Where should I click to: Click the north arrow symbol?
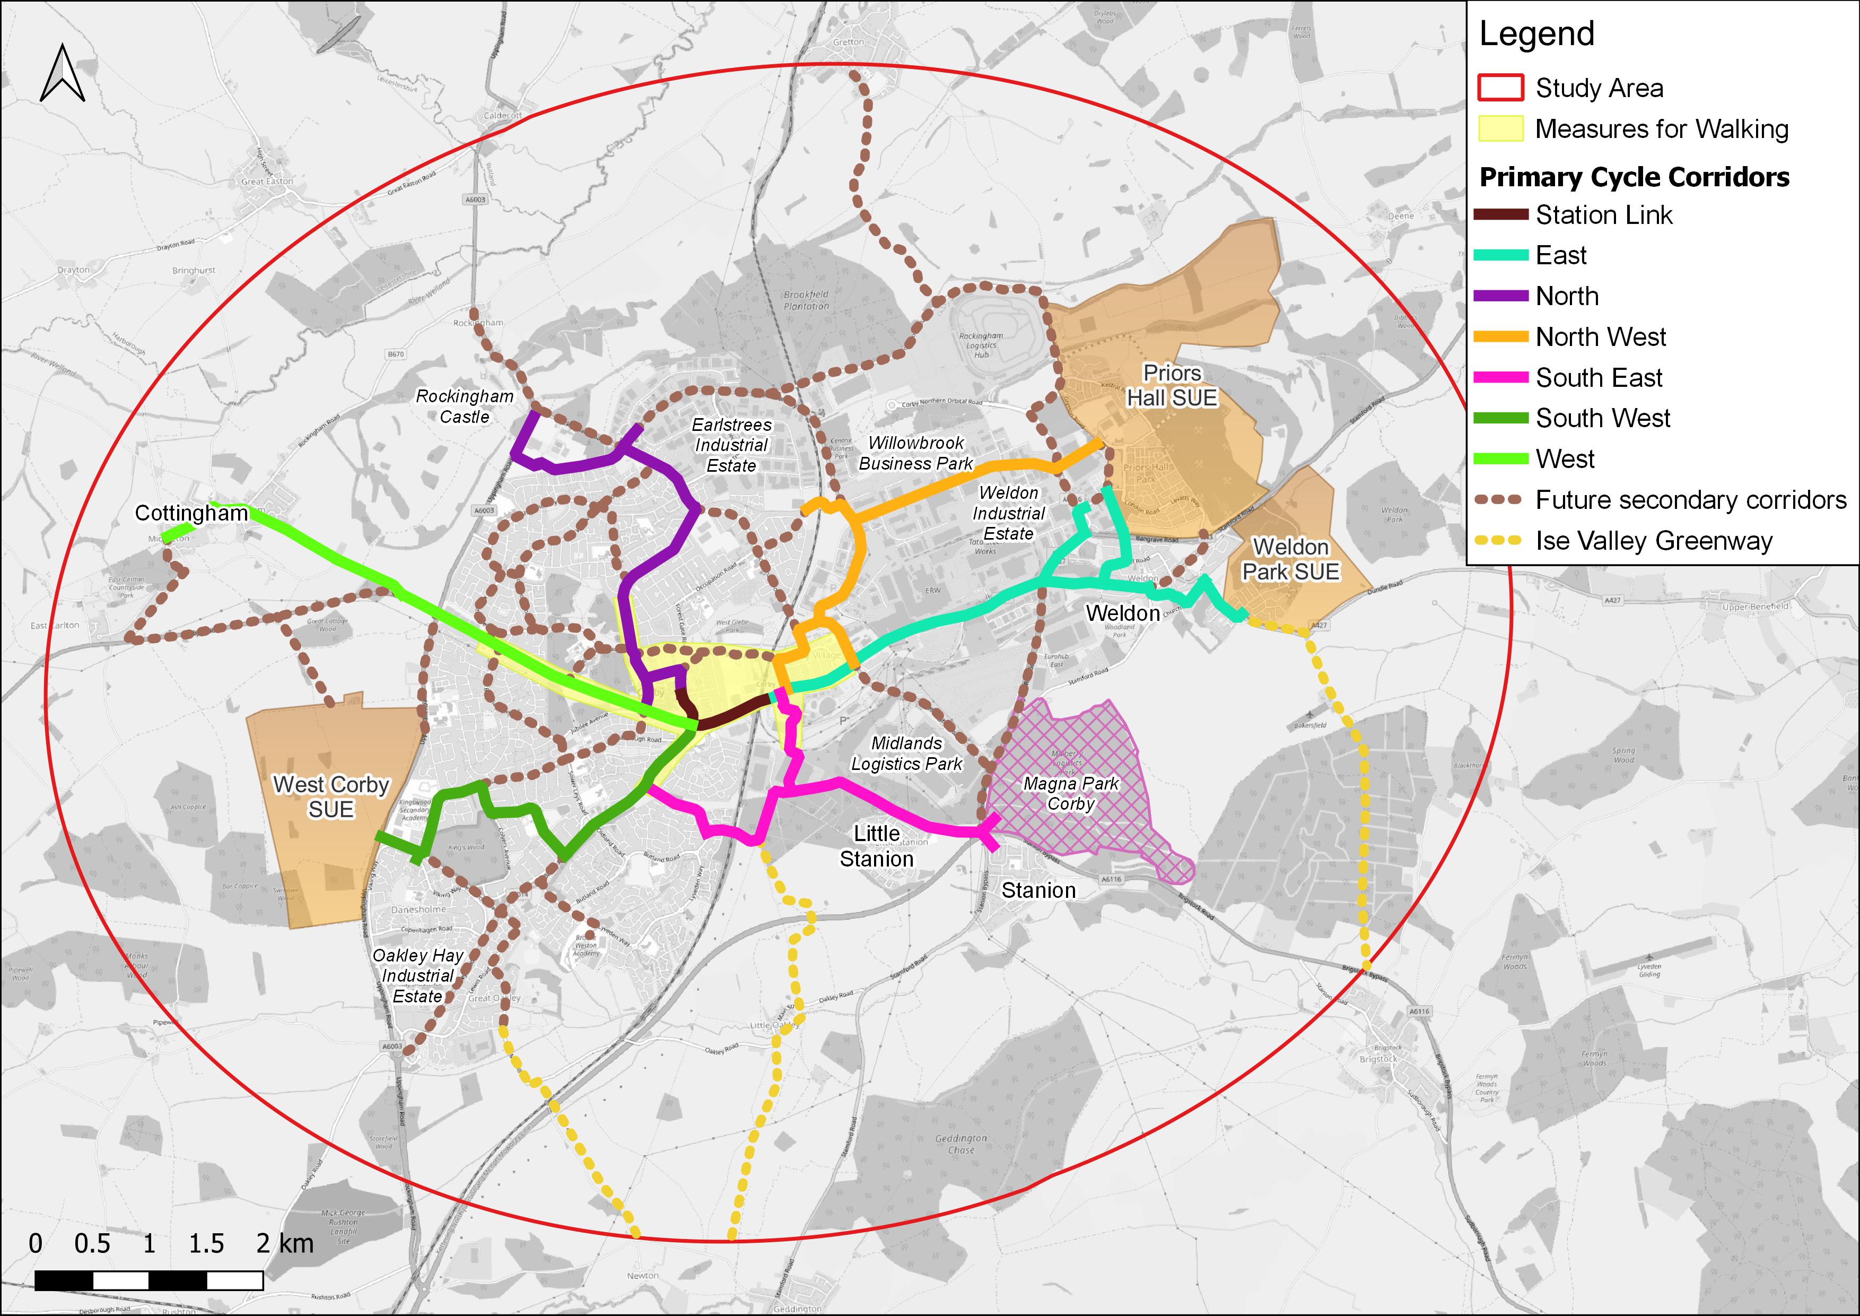63,74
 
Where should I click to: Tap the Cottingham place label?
191,513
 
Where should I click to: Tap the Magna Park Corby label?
1070,793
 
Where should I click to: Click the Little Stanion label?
877,846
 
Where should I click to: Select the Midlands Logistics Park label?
906,753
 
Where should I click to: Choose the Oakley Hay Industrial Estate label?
418,976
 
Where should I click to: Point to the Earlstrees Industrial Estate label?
731,445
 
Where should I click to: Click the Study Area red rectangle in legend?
1500,88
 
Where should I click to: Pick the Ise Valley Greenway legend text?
1654,541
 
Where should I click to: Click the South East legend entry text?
1599,378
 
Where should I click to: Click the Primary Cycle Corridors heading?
1634,177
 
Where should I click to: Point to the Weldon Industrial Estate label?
1009,513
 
